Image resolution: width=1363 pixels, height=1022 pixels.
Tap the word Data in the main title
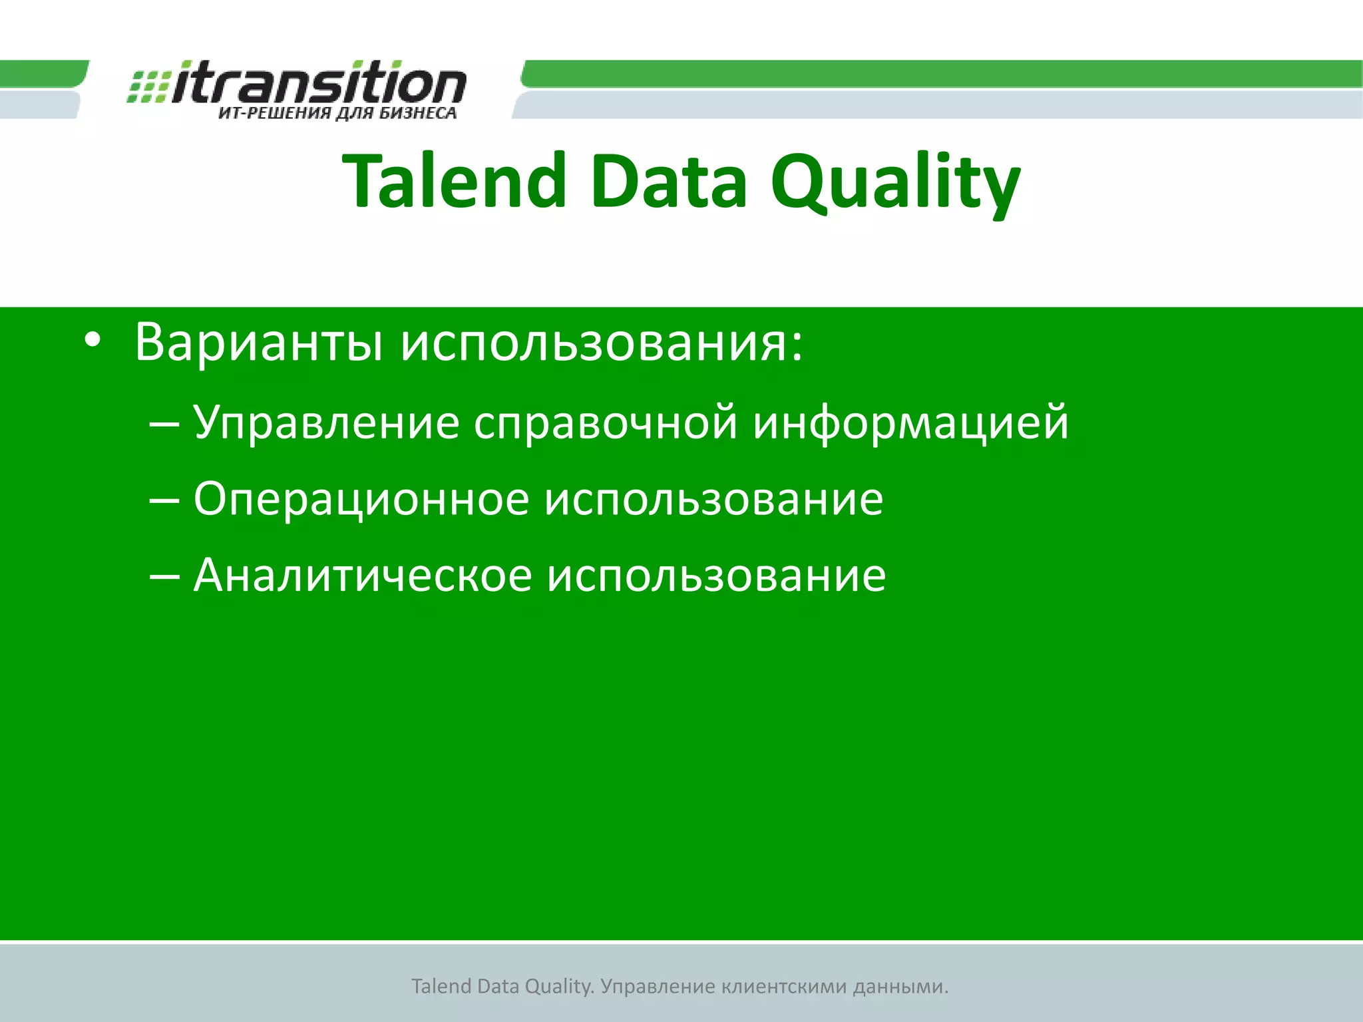click(668, 181)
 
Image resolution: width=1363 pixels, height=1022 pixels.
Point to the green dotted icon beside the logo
click(148, 86)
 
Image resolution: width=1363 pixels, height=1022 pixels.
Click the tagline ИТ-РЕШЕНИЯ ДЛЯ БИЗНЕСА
click(337, 114)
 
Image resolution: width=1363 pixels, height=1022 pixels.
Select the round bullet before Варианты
click(93, 340)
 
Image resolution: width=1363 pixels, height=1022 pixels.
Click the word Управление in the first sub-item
click(326, 423)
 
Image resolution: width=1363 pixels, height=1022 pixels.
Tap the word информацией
click(910, 423)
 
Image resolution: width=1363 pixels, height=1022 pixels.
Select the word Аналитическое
click(363, 576)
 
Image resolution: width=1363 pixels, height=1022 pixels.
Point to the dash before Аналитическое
click(164, 576)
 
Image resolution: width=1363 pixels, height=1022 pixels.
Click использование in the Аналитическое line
click(716, 576)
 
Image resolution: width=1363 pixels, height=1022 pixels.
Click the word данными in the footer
click(900, 986)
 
